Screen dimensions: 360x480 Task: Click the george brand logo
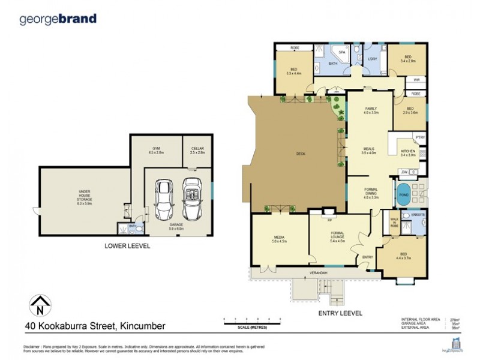point(58,19)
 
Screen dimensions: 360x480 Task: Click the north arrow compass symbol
point(39,306)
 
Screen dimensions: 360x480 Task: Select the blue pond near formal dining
point(403,195)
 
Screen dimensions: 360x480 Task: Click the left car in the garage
point(164,199)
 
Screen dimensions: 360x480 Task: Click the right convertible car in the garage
point(192,199)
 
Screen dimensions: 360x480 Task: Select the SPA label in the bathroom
point(342,52)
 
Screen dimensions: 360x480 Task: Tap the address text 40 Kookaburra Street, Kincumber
point(95,326)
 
